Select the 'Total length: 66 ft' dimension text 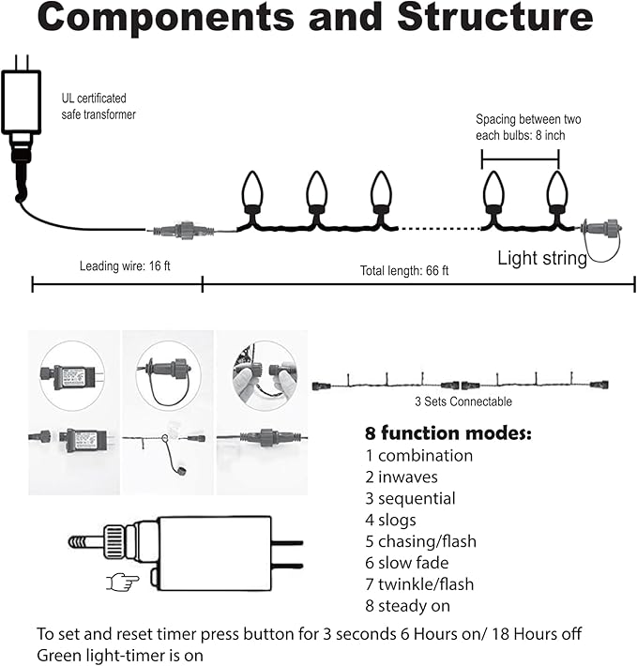pyautogui.click(x=405, y=271)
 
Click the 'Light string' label pyautogui.click(x=542, y=258)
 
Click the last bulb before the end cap pyautogui.click(x=557, y=194)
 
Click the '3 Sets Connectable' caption pyautogui.click(x=463, y=402)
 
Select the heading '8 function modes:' pyautogui.click(x=447, y=434)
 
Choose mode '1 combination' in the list pyautogui.click(x=418, y=456)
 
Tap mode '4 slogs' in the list pyautogui.click(x=391, y=520)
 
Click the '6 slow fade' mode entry pyautogui.click(x=407, y=563)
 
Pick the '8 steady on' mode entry pyautogui.click(x=407, y=606)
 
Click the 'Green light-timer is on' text pyautogui.click(x=120, y=654)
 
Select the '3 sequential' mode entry pyautogui.click(x=411, y=498)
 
